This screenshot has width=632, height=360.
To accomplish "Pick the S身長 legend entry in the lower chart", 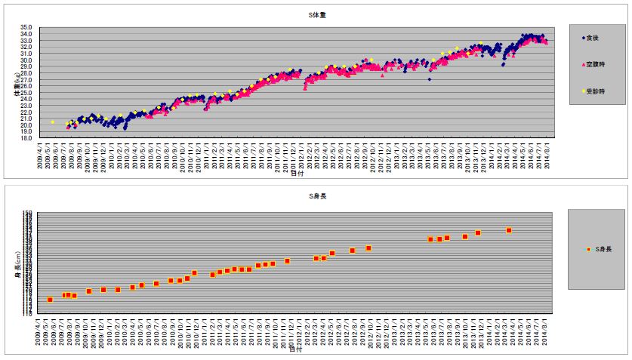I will point(601,248).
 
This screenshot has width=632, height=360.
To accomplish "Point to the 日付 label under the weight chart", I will point(297,173).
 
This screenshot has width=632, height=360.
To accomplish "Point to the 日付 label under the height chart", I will point(297,350).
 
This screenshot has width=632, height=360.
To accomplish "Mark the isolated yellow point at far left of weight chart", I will point(52,122).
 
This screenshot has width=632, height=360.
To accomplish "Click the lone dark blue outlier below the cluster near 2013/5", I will point(429,79).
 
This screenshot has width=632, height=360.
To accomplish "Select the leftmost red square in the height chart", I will point(50,300).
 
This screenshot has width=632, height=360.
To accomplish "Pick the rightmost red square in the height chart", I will point(509,230).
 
